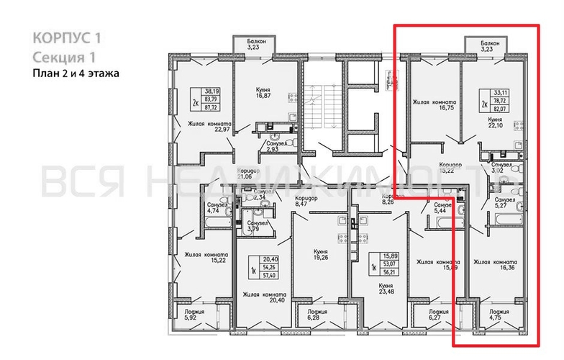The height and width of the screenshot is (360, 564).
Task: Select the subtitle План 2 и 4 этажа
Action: tap(74, 72)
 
